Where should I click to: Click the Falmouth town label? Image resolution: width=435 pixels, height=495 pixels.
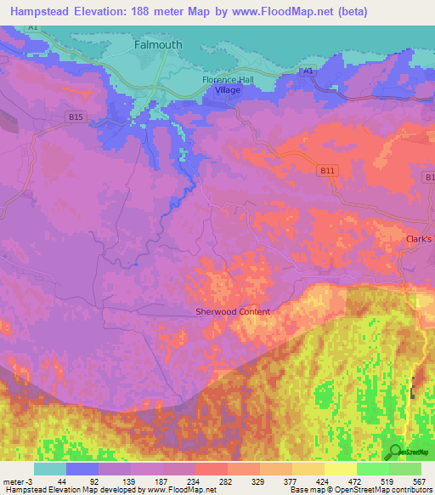158,44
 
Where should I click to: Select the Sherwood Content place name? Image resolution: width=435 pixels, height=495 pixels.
233,311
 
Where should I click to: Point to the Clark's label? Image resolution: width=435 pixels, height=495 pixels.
419,239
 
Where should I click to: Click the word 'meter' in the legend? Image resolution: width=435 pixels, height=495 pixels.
12,481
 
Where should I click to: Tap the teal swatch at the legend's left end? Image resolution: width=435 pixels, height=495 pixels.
50,469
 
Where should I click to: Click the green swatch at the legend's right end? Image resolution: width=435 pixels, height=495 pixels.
404,469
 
